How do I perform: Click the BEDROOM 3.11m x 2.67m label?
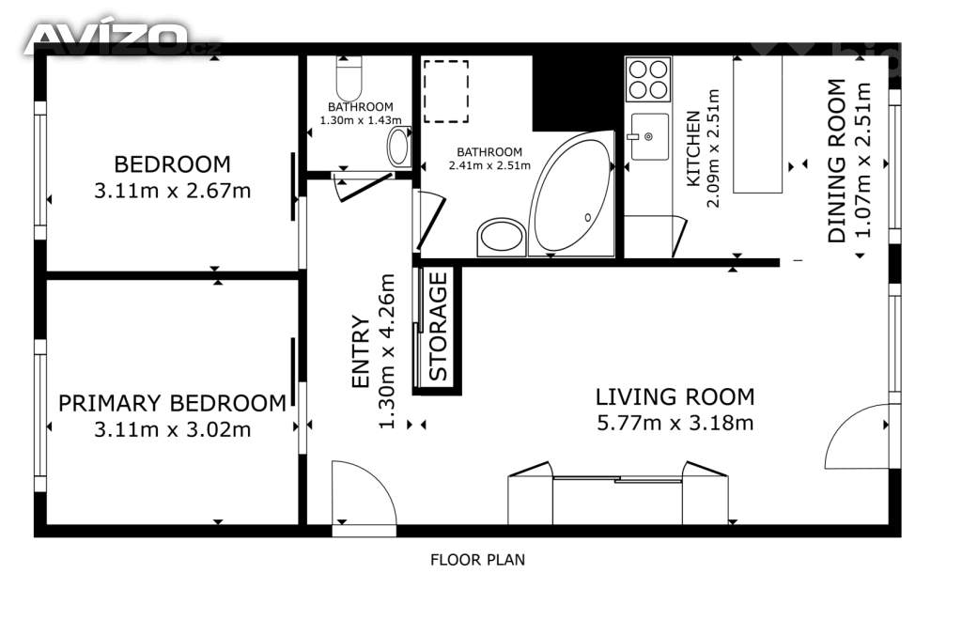173,178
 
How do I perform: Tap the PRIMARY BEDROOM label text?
173,404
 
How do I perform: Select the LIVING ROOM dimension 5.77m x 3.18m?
675,423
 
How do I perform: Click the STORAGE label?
438,326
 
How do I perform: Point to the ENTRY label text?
361,351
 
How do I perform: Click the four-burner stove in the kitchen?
648,79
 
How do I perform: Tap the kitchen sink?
650,136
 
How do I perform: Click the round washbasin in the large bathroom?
502,237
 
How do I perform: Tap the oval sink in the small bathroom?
398,147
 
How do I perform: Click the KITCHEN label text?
692,148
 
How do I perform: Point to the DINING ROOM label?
837,161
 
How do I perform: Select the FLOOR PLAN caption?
477,560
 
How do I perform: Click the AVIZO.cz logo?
121,39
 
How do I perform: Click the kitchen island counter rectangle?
758,125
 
